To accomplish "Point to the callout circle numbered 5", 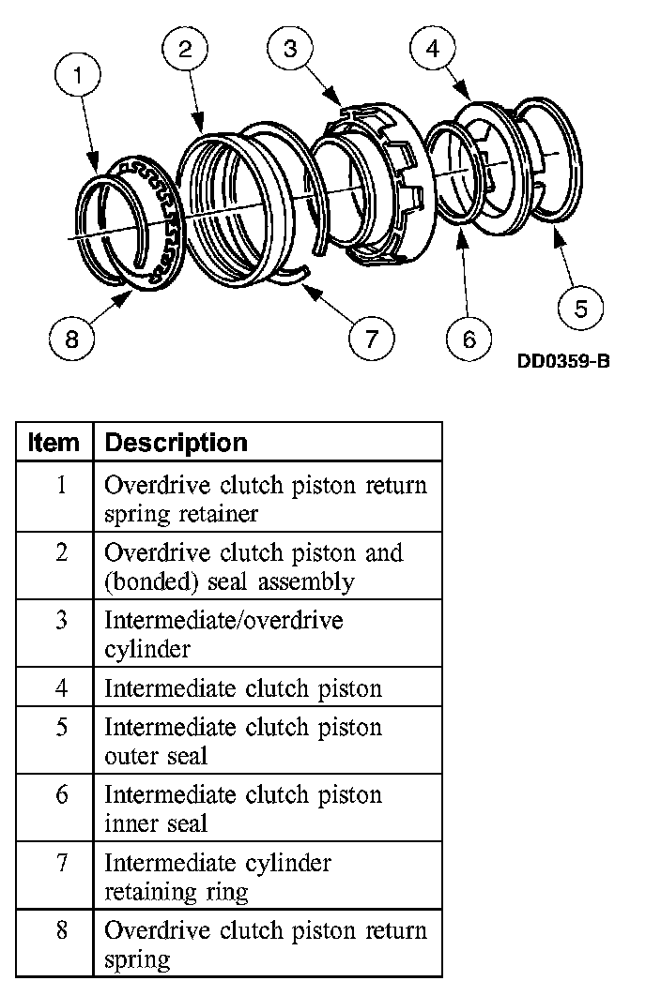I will [580, 309].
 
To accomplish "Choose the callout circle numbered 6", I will [469, 338].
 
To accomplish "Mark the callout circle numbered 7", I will [372, 338].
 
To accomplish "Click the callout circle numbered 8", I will [72, 338].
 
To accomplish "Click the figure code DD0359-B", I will [562, 362].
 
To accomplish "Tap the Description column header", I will [177, 443].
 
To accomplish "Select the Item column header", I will [54, 443].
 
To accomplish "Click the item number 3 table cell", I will [61, 621].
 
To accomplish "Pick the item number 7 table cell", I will [61, 862].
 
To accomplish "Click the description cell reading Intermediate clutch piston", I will [243, 688].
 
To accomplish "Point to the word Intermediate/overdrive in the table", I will [223, 621].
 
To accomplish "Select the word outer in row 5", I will [130, 756].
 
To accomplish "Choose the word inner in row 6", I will [130, 823].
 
